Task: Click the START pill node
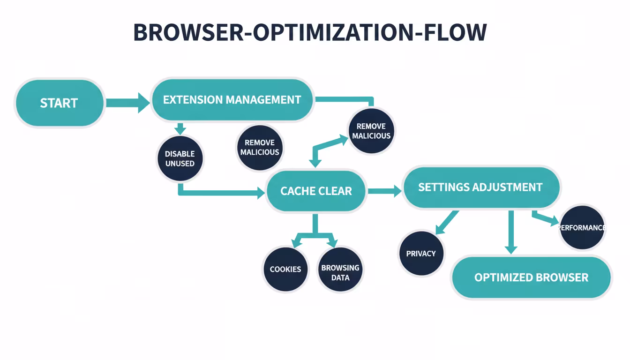[x=59, y=103]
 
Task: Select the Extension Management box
[x=232, y=100]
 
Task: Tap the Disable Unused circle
[x=180, y=158]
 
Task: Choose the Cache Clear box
[x=316, y=191]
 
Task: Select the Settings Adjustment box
[x=480, y=187]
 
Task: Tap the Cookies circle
[x=285, y=269]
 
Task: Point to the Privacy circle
[x=421, y=253]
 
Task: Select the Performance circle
[x=582, y=227]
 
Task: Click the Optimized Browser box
[x=531, y=277]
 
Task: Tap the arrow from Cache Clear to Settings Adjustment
[x=384, y=191]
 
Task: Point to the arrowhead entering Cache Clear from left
[x=259, y=192]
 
